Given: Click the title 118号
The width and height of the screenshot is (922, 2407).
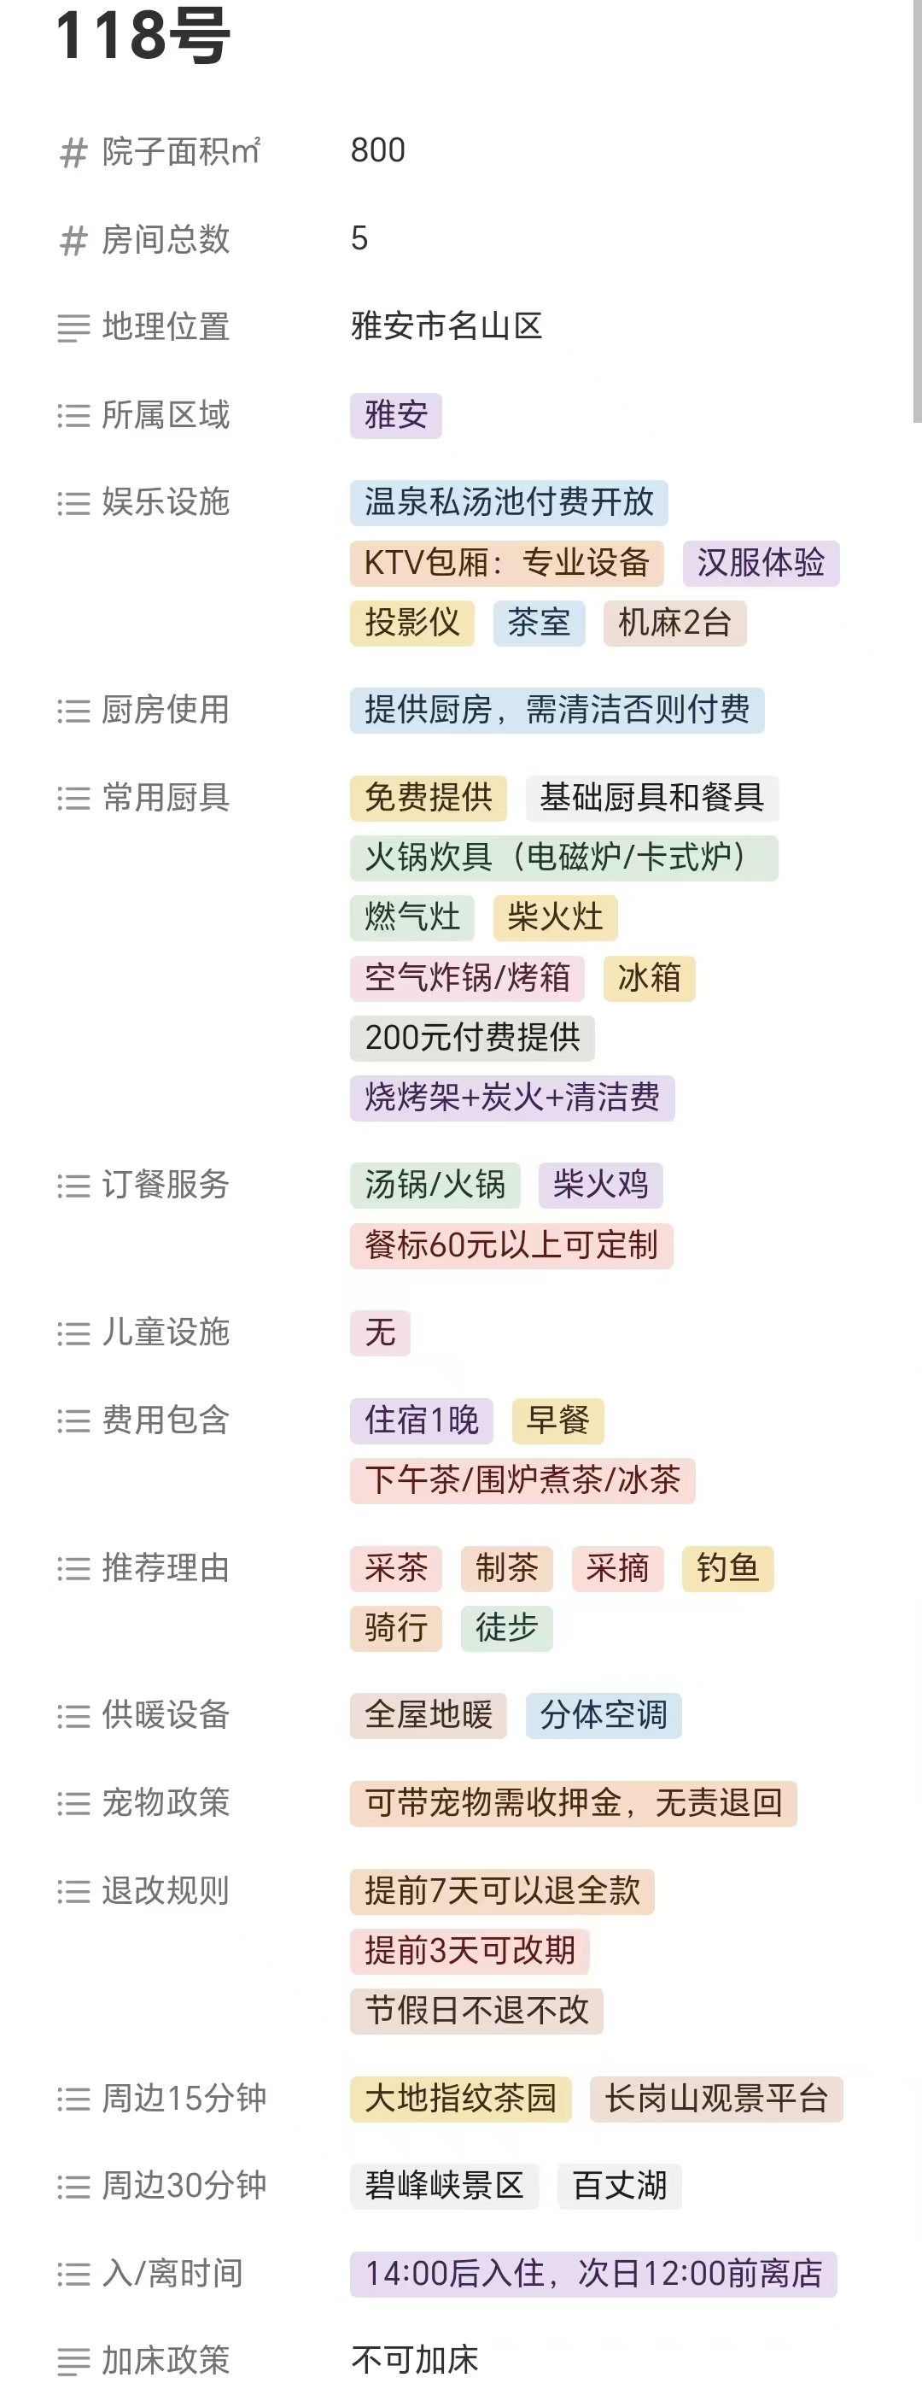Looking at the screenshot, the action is point(142,36).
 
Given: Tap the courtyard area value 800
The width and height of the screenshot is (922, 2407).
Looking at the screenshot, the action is point(377,150).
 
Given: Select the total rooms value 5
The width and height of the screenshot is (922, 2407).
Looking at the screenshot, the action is point(359,238).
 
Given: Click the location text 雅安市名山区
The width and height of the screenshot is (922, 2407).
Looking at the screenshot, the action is point(446,326).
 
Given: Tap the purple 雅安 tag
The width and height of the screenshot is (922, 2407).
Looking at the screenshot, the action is point(396,415).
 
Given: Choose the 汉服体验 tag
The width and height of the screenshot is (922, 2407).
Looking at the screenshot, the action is point(761,563).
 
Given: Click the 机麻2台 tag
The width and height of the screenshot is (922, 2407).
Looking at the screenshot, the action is point(674,623).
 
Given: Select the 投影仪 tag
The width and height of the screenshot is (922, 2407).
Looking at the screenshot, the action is point(412,623).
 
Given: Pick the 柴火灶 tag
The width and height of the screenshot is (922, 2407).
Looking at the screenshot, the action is point(555,917).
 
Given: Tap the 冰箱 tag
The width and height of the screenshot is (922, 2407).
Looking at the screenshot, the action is point(649,977).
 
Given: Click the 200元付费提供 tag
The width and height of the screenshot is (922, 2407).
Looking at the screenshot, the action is point(473,1037).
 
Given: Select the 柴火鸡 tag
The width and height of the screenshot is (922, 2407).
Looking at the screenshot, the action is point(601,1185).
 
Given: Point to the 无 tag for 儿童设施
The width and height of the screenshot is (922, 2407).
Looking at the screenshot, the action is point(380,1332).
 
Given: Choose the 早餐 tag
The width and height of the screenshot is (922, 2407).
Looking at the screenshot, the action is point(557,1420).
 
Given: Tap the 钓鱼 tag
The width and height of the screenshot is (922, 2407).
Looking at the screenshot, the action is point(727,1568).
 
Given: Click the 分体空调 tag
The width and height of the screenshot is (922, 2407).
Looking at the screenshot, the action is point(604,1714).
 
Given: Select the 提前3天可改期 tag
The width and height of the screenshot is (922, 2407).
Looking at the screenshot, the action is point(470,1951).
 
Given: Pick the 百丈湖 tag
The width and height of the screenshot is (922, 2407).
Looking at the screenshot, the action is point(619,2186).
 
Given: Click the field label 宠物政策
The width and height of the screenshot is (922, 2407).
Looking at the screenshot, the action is point(166,1802).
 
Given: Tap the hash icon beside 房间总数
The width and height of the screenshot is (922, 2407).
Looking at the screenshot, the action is point(73,240).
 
